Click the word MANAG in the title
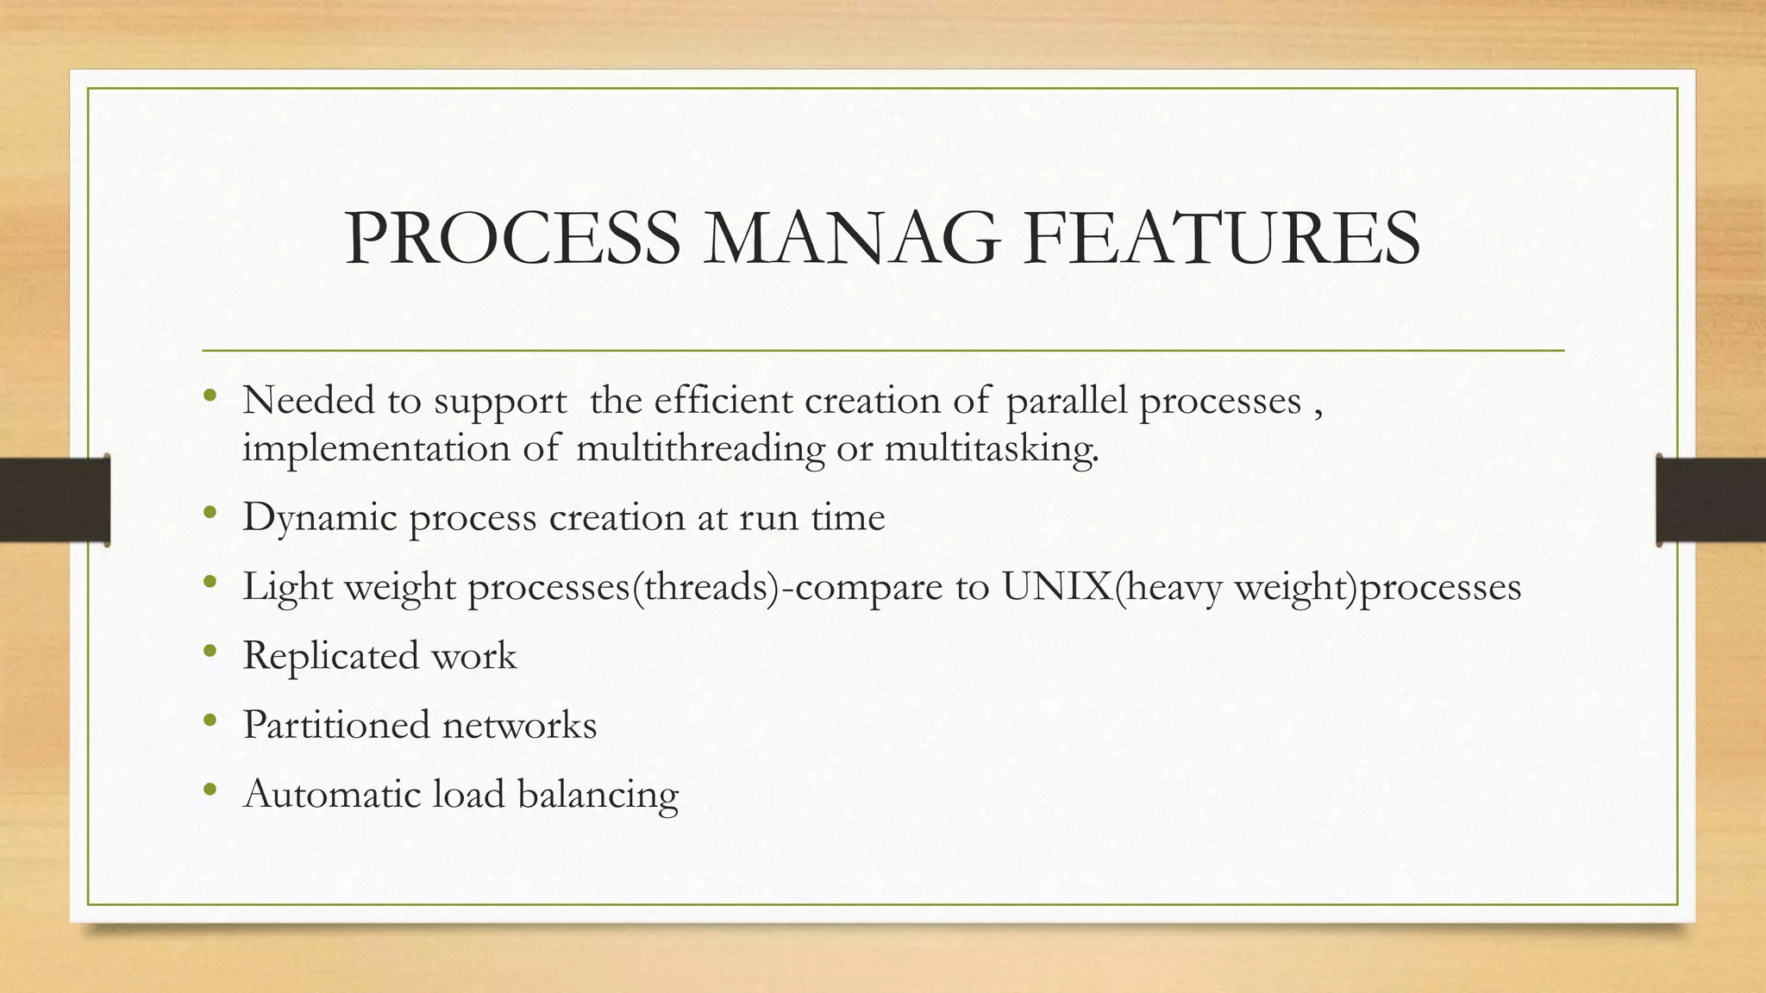pos(851,239)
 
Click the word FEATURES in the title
pos(1224,239)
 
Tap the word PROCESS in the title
pos(512,239)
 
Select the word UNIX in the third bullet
pos(1057,587)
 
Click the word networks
pos(519,725)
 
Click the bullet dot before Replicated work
pos(210,652)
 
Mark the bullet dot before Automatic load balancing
pos(210,790)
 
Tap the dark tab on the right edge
pos(1711,500)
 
